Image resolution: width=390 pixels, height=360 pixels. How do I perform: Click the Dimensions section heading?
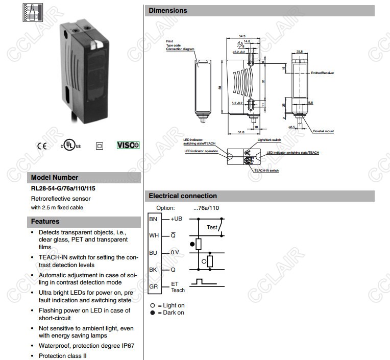(x=168, y=10)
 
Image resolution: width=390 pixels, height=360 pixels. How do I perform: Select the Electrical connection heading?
(x=183, y=196)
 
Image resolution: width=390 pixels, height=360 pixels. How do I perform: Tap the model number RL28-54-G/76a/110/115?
(x=63, y=188)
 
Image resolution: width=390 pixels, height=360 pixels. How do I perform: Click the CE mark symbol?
(x=41, y=146)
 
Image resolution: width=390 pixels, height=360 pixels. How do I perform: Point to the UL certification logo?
(x=70, y=146)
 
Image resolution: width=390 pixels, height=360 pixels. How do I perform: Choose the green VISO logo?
(x=128, y=146)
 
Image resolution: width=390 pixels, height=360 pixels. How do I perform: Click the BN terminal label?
(x=153, y=219)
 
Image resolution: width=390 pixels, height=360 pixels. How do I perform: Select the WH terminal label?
(x=154, y=235)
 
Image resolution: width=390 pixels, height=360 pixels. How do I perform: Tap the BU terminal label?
(x=153, y=252)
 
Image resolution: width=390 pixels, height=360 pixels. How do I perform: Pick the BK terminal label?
(x=153, y=269)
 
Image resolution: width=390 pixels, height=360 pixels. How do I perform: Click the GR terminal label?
(x=153, y=286)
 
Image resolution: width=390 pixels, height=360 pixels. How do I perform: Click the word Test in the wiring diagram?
(x=212, y=227)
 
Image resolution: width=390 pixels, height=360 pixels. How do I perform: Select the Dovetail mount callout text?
(x=323, y=132)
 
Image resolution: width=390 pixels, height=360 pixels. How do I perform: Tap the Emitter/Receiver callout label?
(x=322, y=73)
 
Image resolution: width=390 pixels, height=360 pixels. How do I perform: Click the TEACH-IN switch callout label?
(x=267, y=171)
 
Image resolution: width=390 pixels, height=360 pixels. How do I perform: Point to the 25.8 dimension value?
(x=300, y=52)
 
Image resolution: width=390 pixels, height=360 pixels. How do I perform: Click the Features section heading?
(x=45, y=222)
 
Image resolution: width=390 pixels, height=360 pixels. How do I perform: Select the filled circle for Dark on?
(x=152, y=313)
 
